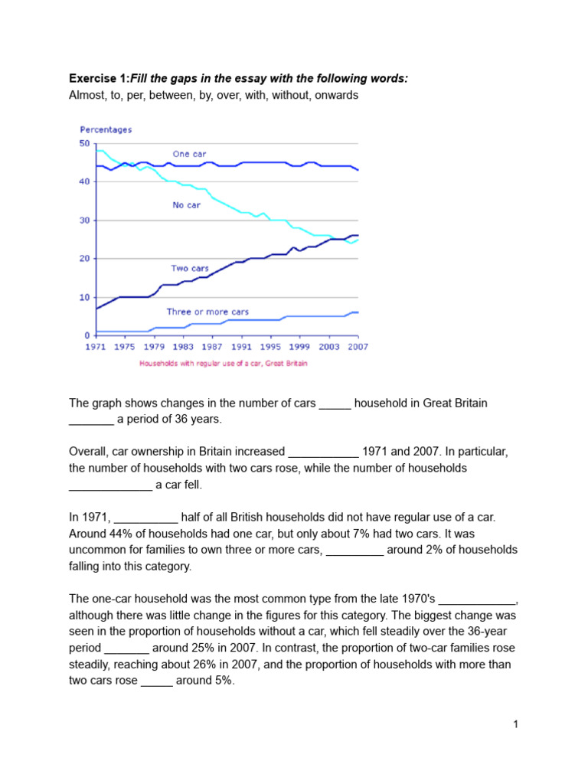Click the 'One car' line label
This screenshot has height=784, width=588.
click(189, 154)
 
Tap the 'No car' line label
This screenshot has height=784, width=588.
click(186, 204)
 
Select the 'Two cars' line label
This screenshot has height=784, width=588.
click(190, 269)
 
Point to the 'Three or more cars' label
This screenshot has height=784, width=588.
click(207, 312)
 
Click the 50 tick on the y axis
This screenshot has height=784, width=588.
click(84, 143)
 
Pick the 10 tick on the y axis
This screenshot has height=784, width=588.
click(84, 297)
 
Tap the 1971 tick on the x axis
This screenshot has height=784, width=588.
click(96, 347)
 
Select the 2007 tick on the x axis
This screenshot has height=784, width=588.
click(358, 347)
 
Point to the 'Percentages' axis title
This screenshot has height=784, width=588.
click(106, 130)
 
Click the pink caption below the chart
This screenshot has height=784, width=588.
click(223, 364)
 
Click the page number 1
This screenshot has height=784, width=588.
click(516, 724)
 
